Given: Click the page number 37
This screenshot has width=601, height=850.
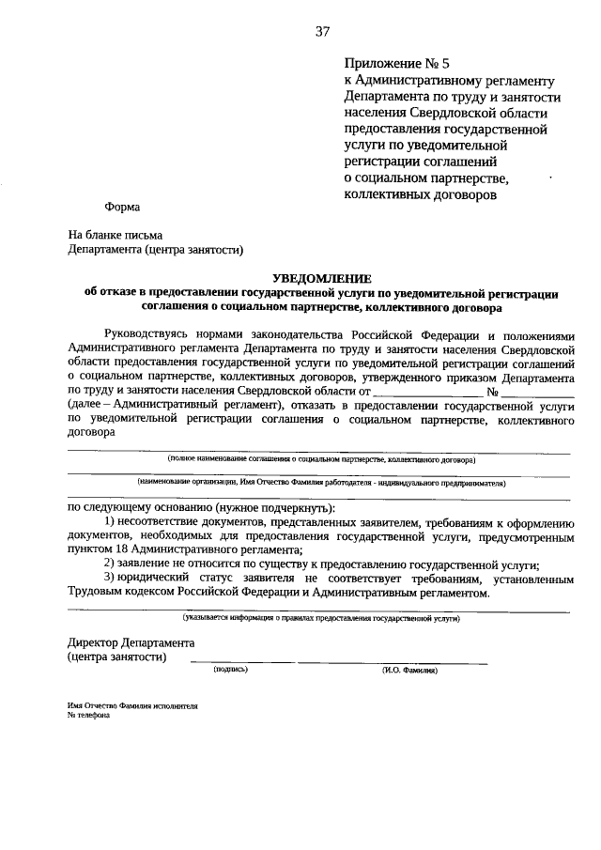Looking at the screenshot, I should (322, 31).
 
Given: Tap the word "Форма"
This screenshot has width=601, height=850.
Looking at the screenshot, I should (122, 208).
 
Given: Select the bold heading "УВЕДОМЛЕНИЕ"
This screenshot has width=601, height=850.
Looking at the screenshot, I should (321, 278).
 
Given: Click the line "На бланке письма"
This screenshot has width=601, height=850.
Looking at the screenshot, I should (115, 235).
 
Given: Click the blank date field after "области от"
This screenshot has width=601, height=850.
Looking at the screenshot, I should (426, 391).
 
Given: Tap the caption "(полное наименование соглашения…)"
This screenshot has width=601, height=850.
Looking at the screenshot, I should (321, 459).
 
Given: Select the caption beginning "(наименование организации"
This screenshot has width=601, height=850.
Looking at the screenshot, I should (321, 484).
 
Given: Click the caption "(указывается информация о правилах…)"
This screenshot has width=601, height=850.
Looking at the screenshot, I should (321, 618).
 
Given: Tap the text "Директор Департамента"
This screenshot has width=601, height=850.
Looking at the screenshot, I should (131, 642).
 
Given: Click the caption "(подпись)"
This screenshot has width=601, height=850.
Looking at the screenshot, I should (230, 671).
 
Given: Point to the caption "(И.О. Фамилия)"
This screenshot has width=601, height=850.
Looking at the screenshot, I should (410, 671).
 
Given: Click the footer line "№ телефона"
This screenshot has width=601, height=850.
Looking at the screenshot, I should (89, 715).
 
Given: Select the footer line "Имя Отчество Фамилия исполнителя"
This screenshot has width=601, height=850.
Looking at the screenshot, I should (132, 704).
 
